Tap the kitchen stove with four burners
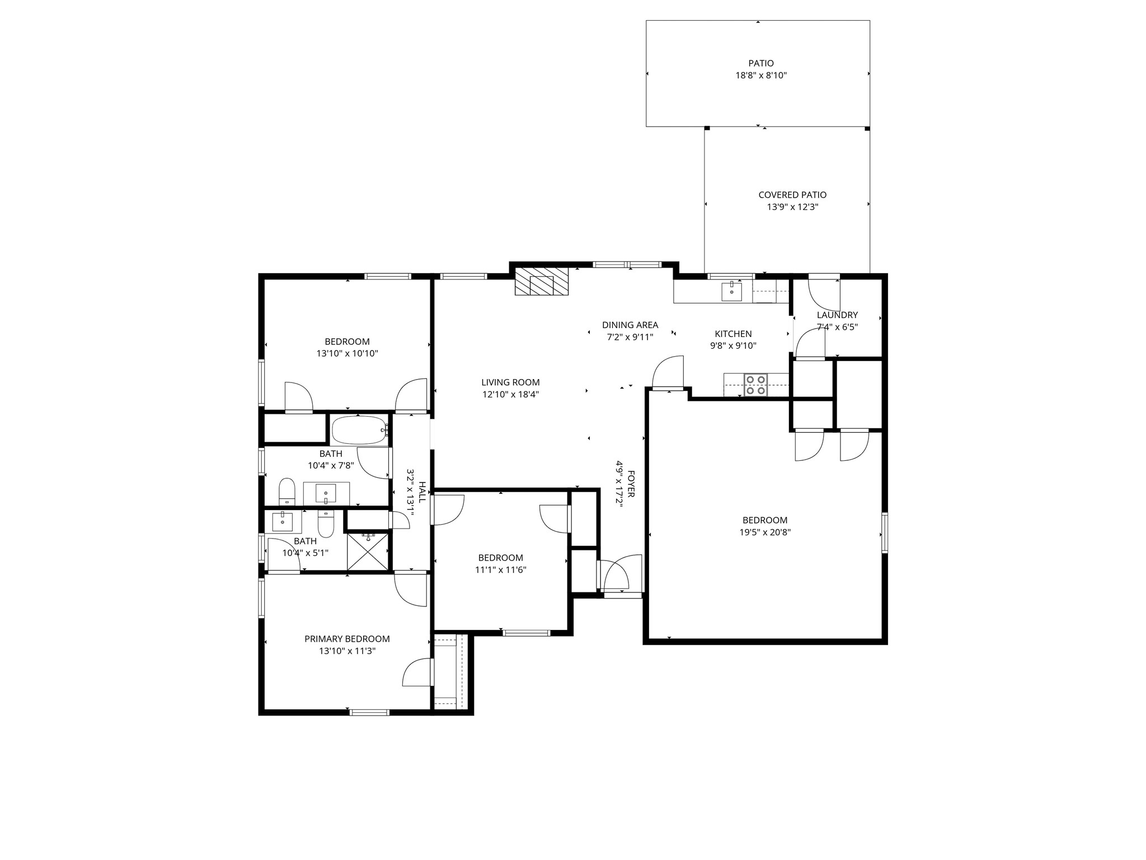[x=755, y=385]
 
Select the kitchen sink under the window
[x=731, y=291]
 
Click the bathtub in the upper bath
[x=359, y=430]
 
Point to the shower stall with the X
[x=368, y=551]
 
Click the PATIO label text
[x=761, y=63]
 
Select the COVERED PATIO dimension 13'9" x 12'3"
[x=792, y=207]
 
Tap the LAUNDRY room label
[x=837, y=315]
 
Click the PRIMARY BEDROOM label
[x=347, y=639]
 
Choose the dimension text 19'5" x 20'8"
[x=765, y=532]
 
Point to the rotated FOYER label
[x=631, y=484]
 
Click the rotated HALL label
[x=422, y=492]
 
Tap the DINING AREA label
[x=630, y=325]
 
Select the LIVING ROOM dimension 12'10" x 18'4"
[x=510, y=395]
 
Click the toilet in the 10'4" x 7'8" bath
[x=287, y=491]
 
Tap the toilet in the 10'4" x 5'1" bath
[x=326, y=524]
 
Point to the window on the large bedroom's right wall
[x=884, y=532]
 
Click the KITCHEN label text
[x=733, y=334]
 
